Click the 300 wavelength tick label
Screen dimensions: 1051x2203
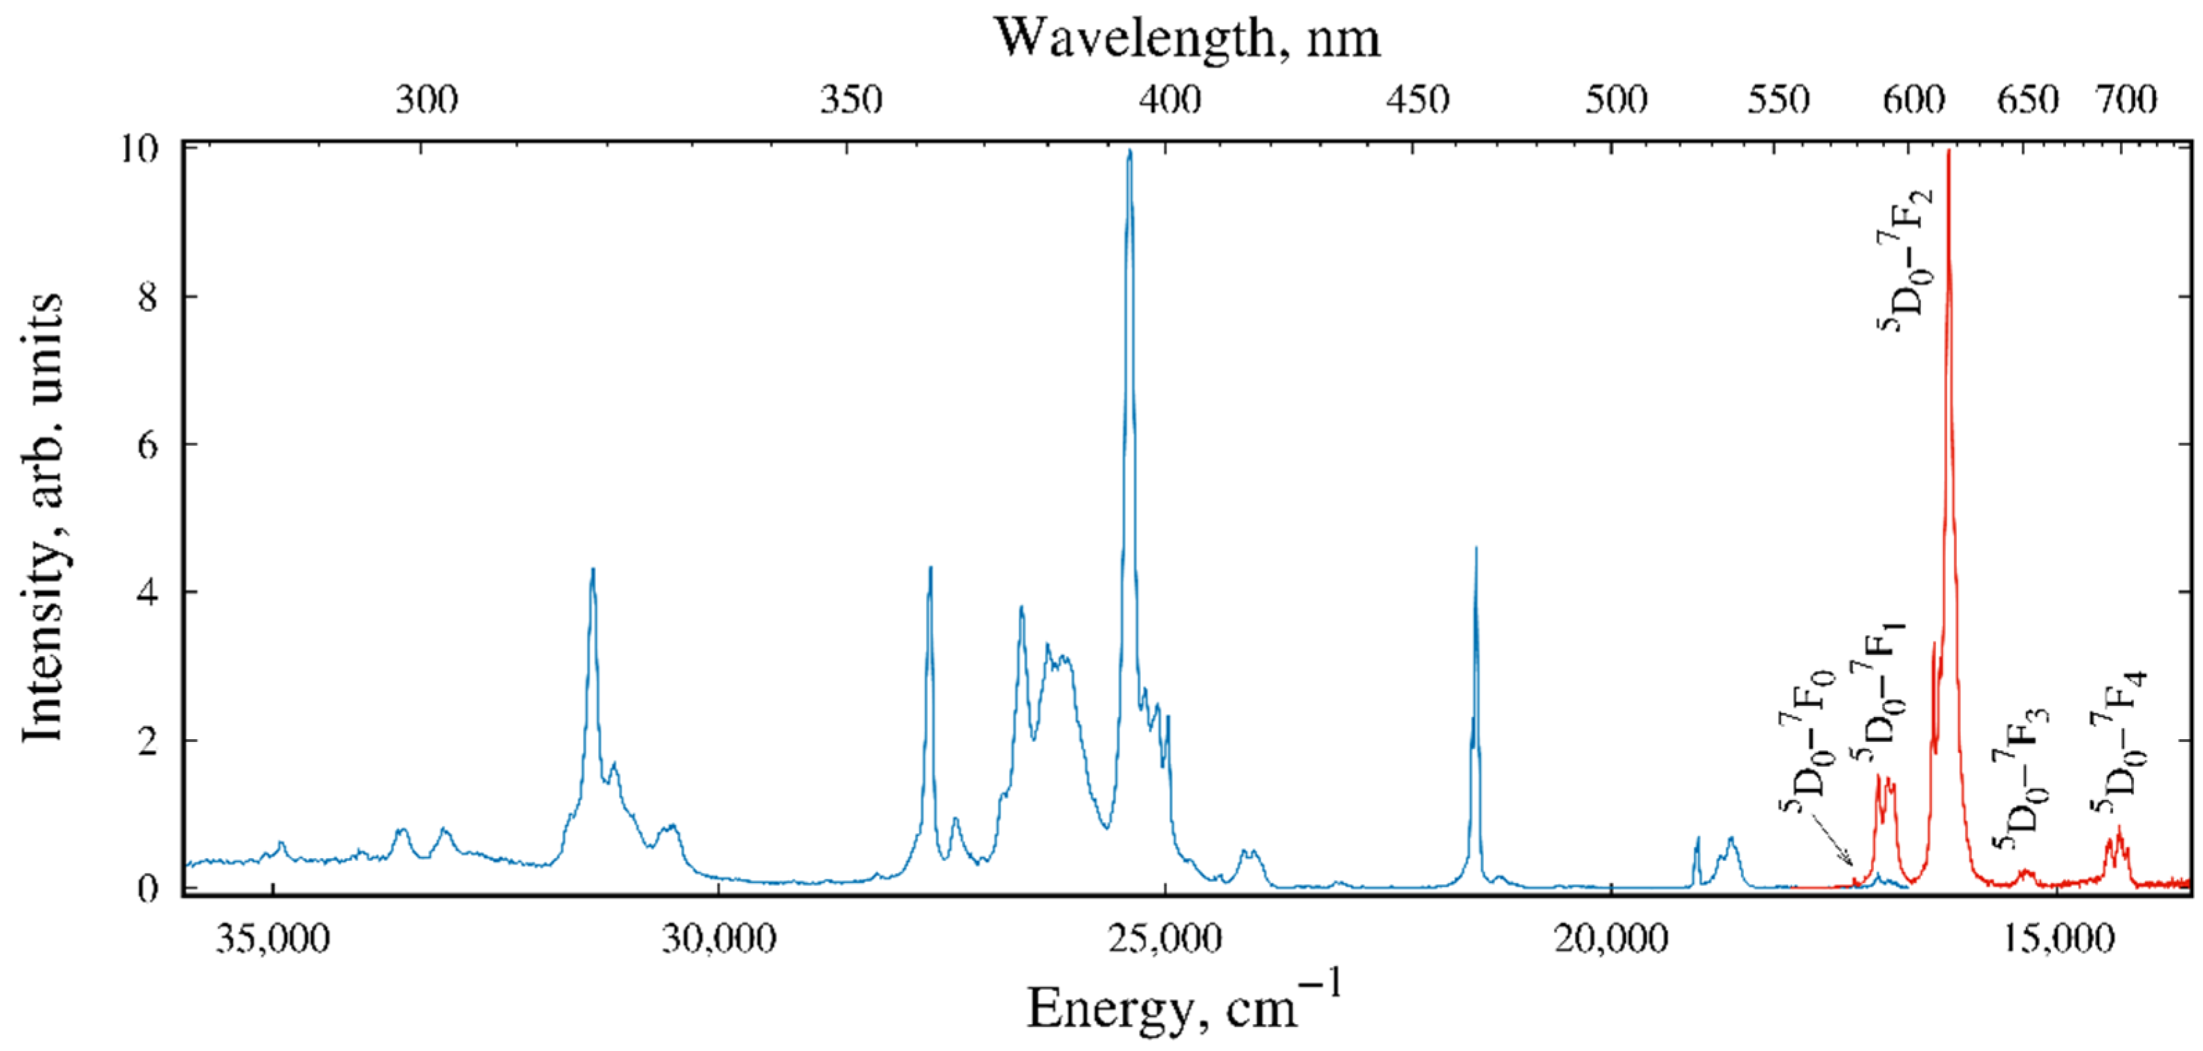pos(426,101)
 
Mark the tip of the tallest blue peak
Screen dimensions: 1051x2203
pos(1130,151)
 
